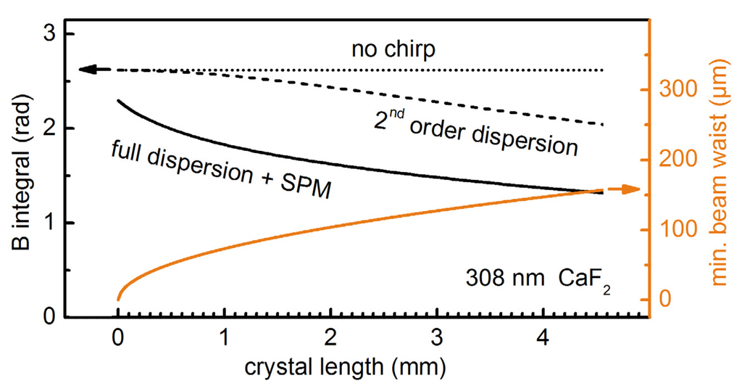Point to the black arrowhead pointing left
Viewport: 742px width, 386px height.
87,70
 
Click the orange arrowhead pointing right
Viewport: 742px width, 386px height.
631,189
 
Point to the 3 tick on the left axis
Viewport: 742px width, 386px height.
51,34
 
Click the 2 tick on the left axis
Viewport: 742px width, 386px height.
51,128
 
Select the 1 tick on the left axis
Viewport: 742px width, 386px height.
51,223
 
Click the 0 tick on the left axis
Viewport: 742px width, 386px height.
51,317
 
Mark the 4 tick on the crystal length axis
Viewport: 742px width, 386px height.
544,337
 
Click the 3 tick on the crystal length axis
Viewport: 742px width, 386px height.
438,337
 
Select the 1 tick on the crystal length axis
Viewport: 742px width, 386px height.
225,337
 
